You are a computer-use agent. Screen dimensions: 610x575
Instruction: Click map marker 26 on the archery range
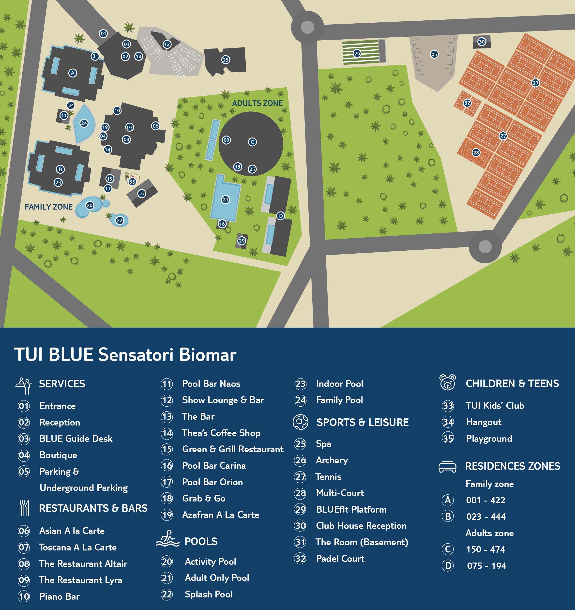[357, 53]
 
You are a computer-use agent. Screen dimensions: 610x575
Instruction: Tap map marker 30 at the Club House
[482, 42]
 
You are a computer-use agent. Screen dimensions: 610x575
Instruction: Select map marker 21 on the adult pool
[226, 200]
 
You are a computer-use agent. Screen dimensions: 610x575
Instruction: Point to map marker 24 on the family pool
[84, 123]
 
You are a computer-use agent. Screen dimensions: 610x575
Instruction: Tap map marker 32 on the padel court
[467, 103]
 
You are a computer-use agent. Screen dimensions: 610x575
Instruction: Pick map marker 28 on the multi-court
[476, 152]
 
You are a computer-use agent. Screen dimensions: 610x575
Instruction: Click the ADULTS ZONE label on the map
[257, 103]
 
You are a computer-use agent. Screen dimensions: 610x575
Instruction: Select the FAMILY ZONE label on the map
[48, 207]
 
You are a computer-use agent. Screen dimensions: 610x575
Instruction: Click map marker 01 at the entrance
[103, 34]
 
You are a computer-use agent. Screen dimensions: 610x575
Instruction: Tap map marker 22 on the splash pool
[119, 220]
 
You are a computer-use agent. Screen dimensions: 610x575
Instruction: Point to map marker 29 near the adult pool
[242, 241]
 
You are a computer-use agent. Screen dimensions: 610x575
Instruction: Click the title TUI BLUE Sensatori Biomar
[125, 355]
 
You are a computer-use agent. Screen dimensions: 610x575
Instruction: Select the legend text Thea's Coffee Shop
[221, 433]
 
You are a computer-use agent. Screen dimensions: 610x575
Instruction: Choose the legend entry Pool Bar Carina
[214, 466]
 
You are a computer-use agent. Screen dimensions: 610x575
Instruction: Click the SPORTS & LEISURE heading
[362, 423]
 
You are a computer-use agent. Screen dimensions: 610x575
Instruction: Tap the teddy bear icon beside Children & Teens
[447, 383]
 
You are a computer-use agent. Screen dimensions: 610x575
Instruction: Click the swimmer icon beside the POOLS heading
[167, 539]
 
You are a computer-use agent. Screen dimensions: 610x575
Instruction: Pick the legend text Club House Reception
[361, 526]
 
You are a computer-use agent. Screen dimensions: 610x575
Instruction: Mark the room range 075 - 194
[486, 566]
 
